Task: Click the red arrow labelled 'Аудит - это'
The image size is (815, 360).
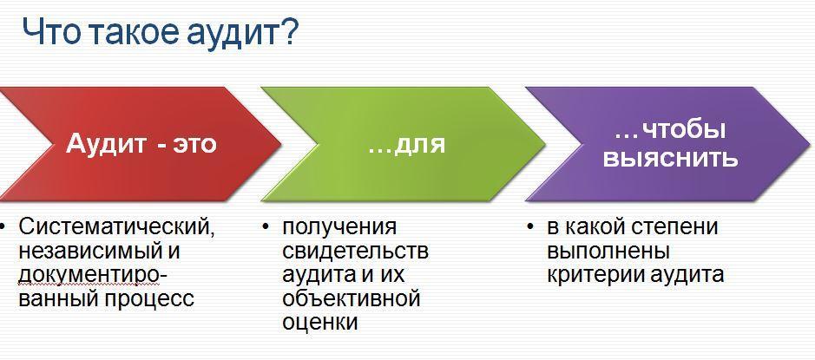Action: pyautogui.click(x=130, y=143)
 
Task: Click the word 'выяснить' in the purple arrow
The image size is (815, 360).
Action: pyautogui.click(x=670, y=158)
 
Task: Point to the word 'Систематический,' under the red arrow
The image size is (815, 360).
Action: pyautogui.click(x=116, y=227)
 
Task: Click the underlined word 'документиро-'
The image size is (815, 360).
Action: pyautogui.click(x=92, y=275)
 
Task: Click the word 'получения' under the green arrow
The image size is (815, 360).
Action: pyautogui.click(x=339, y=227)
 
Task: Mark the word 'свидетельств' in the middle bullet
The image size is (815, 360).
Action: pyautogui.click(x=355, y=252)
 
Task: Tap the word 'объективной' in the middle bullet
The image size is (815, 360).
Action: pyautogui.click(x=351, y=299)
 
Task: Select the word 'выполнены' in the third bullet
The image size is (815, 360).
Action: pyautogui.click(x=608, y=252)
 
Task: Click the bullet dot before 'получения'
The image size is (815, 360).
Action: pyautogui.click(x=265, y=228)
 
